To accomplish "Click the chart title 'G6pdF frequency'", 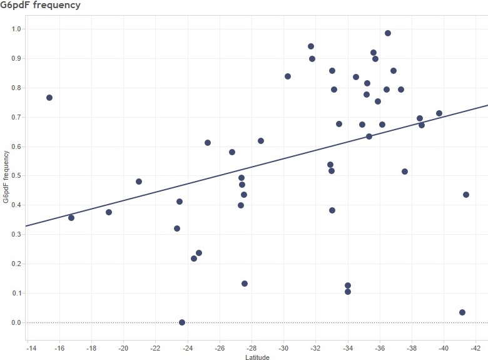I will tap(40, 6).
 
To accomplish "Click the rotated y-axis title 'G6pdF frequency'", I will tap(6, 176).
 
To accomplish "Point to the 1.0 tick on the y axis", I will tap(16, 29).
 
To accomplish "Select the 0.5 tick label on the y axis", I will tap(16, 176).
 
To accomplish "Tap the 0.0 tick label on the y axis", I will tap(16, 323).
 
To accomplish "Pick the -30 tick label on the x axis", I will tap(283, 346).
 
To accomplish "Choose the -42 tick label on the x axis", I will tap(475, 346).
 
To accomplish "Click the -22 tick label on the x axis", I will tap(156, 346).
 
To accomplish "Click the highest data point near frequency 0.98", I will tap(388, 33).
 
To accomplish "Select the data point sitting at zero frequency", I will tap(182, 322).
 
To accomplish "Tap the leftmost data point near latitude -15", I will tap(49, 98).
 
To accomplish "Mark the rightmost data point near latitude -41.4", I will tap(466, 195).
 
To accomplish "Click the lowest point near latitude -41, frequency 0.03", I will tap(462, 312).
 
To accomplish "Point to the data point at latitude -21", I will tap(139, 182).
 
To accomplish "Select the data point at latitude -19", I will tap(109, 212).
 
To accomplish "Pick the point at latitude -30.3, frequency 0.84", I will tap(288, 76).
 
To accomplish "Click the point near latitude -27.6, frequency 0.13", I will tap(245, 284).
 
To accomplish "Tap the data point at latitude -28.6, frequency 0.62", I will tap(261, 141).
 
